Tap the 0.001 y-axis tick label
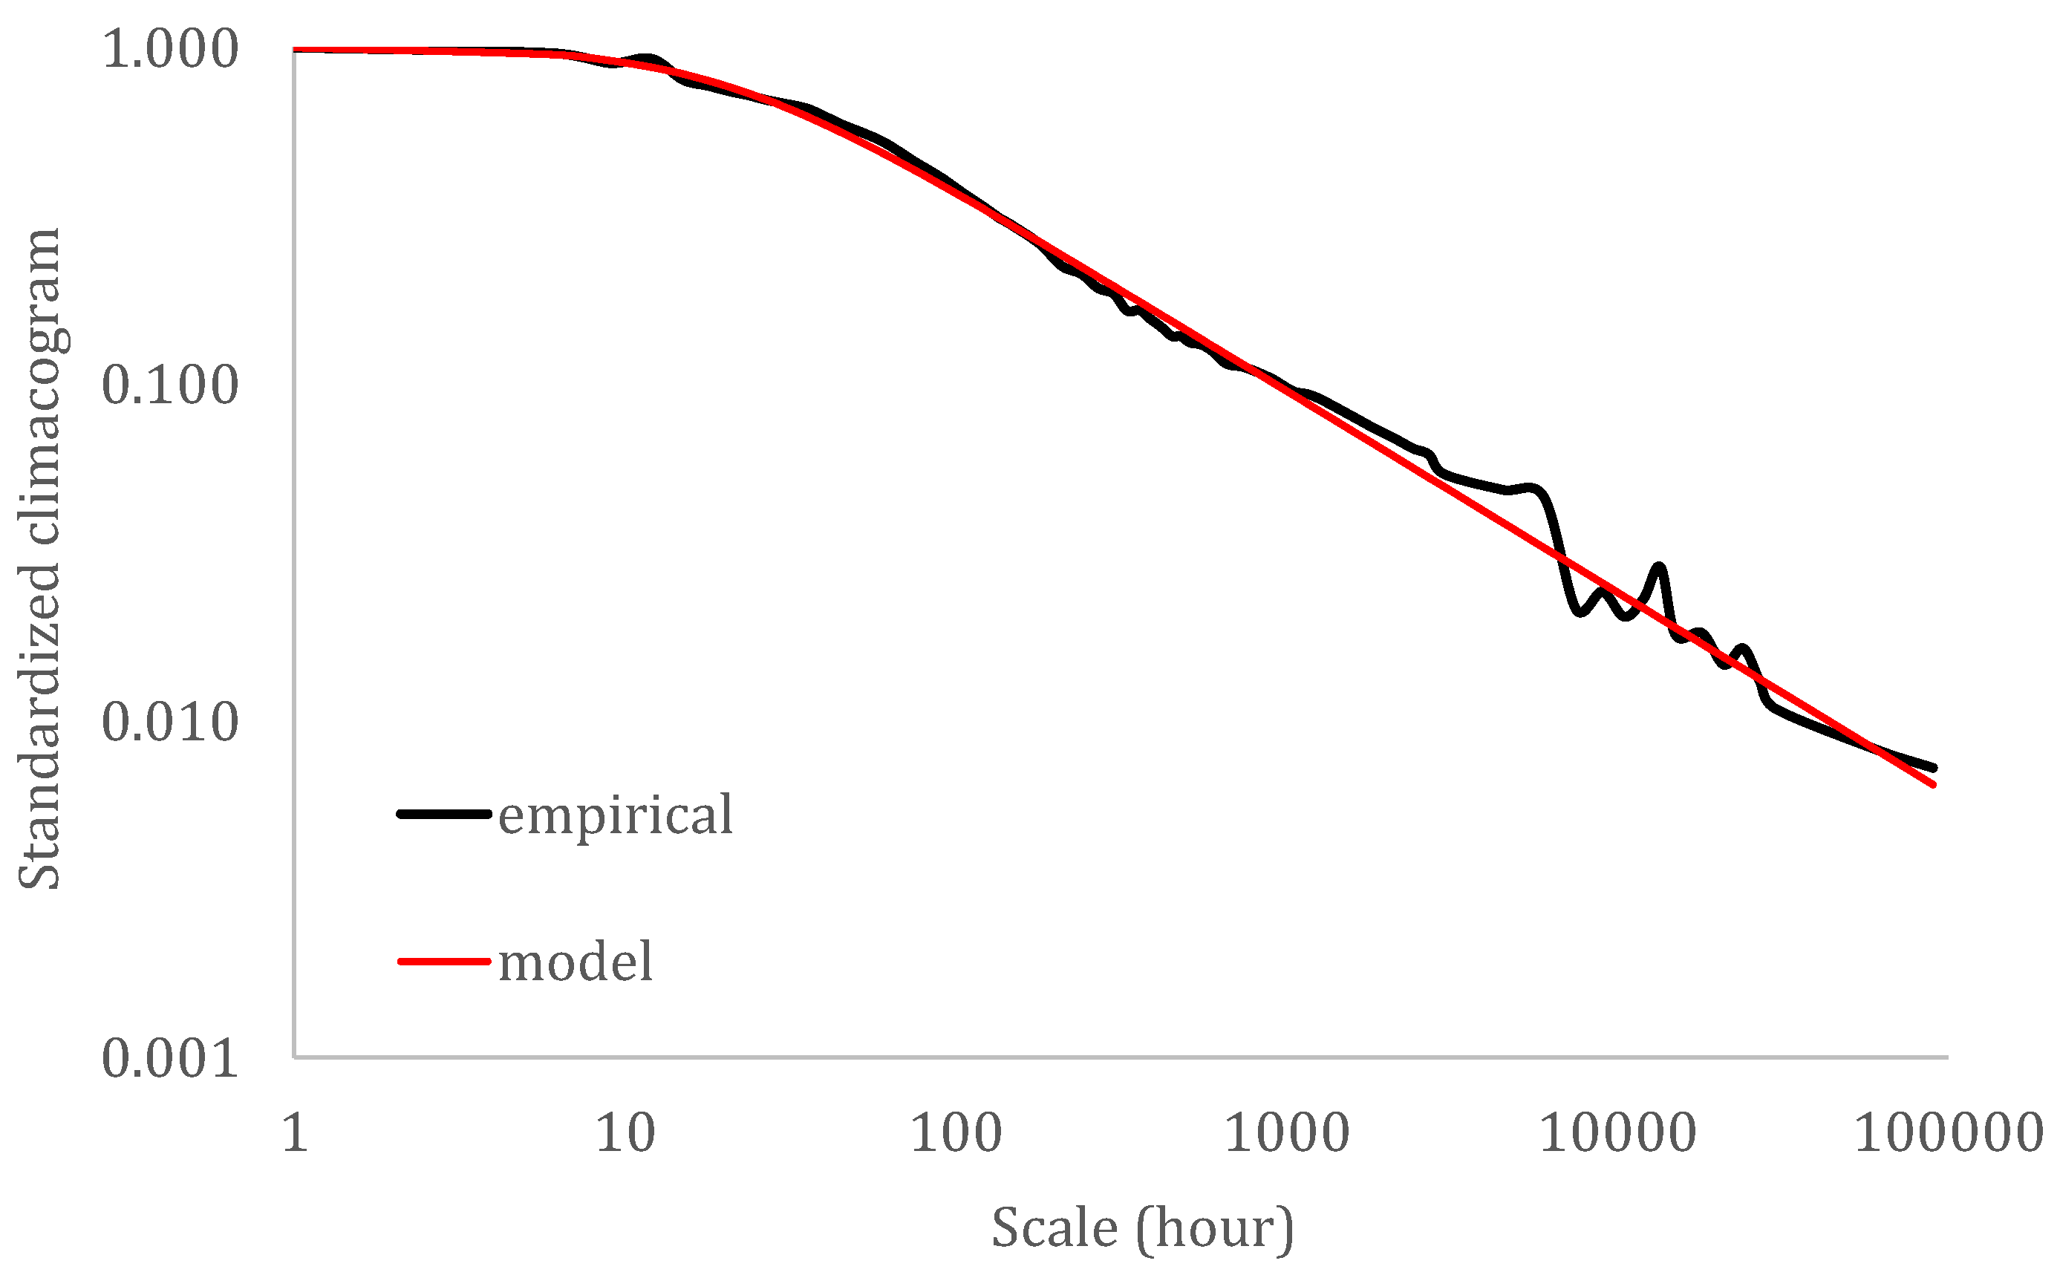tap(169, 1058)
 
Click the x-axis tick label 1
tap(294, 1132)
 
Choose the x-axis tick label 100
tap(956, 1132)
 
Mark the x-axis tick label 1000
tap(1287, 1132)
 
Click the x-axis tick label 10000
tap(1617, 1132)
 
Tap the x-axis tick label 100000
tap(1948, 1132)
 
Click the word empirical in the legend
tap(616, 815)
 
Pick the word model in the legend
tap(576, 962)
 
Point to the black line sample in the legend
tap(443, 814)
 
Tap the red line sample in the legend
tap(443, 962)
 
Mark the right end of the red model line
tap(1934, 784)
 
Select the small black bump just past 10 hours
tap(648, 58)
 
